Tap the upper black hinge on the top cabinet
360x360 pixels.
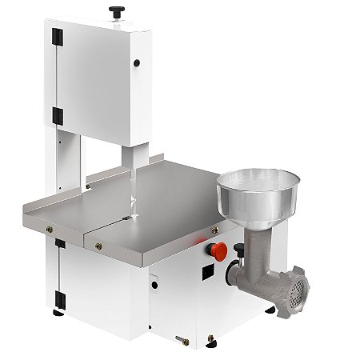[x=56, y=38]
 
